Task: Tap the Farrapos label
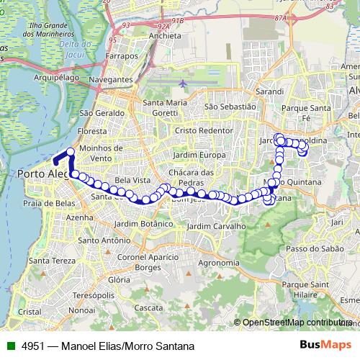coord(121,55)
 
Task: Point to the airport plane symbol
coord(183,83)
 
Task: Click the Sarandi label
coord(269,93)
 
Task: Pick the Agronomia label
coord(218,263)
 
